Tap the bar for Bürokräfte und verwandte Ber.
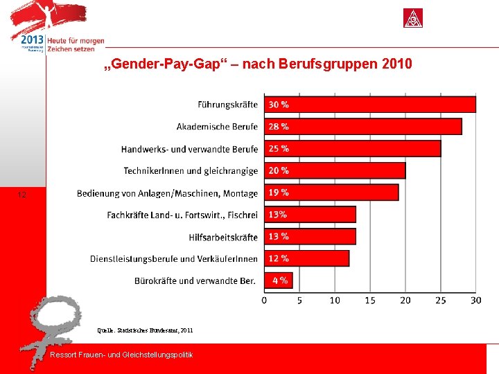click(279, 280)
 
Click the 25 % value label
click(279, 149)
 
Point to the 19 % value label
click(279, 193)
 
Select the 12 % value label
click(279, 258)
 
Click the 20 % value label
click(279, 170)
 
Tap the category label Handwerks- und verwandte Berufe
click(189, 149)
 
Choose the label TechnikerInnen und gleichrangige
click(191, 171)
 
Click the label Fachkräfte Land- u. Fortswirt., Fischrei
click(182, 215)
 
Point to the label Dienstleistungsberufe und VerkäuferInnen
click(173, 259)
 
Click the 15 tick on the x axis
click(370, 300)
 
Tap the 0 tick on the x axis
click(264, 300)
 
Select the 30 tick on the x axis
click(475, 300)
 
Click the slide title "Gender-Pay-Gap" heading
click(257, 64)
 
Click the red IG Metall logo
click(414, 18)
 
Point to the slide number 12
click(22, 195)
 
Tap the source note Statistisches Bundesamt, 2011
click(146, 330)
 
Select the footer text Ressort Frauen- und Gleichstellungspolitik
click(122, 355)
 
